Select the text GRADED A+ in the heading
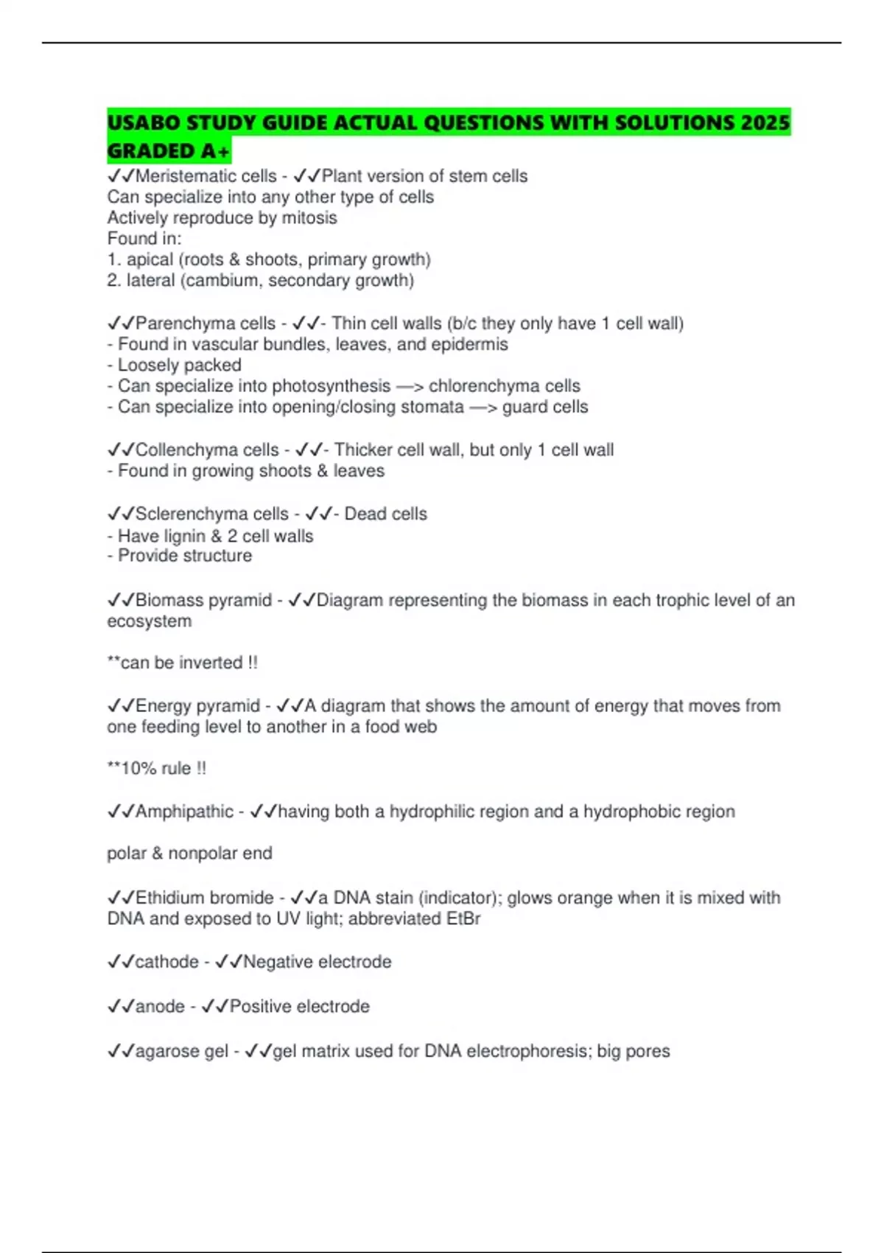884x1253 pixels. [169, 151]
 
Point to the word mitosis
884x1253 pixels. [309, 218]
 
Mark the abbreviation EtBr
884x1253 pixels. [463, 919]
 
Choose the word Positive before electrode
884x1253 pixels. [261, 1007]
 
